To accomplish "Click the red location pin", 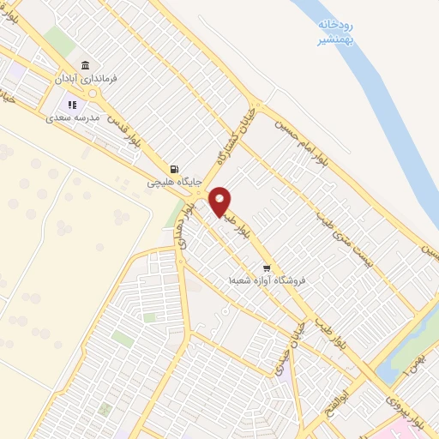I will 220,201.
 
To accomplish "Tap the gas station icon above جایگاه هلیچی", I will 175,169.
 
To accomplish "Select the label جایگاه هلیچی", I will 175,183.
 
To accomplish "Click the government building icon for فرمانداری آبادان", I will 84,66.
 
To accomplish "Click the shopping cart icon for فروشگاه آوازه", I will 268,267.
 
